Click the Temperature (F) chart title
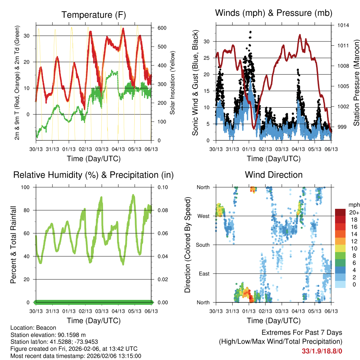[x=94, y=15]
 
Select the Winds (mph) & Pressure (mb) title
[x=274, y=13]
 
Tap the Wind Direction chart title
[x=274, y=174]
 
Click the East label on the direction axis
[x=204, y=274]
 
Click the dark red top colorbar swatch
[x=340, y=212]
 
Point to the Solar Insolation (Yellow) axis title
[x=173, y=83]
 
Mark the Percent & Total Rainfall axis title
[x=13, y=245]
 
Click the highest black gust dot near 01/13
[x=250, y=32]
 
